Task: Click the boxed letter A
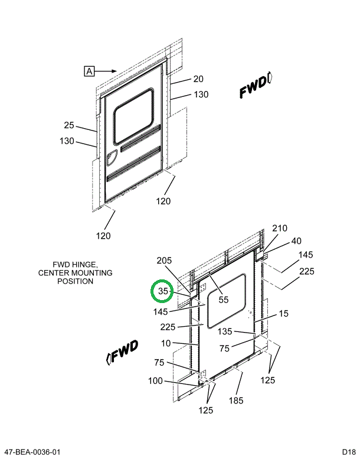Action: [x=89, y=71]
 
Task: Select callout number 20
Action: [x=198, y=79]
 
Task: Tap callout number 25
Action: [x=69, y=125]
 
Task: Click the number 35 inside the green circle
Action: [x=163, y=291]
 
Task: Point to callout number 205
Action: [x=164, y=261]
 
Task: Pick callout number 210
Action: [x=279, y=229]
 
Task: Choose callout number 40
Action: [x=296, y=241]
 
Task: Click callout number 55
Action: [x=223, y=300]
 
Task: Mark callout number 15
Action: [x=284, y=314]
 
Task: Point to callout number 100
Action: [x=156, y=381]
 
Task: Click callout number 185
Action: [x=237, y=401]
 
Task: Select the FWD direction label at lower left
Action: [x=122, y=351]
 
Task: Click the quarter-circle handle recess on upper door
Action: [x=112, y=158]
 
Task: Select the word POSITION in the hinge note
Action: [x=75, y=281]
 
